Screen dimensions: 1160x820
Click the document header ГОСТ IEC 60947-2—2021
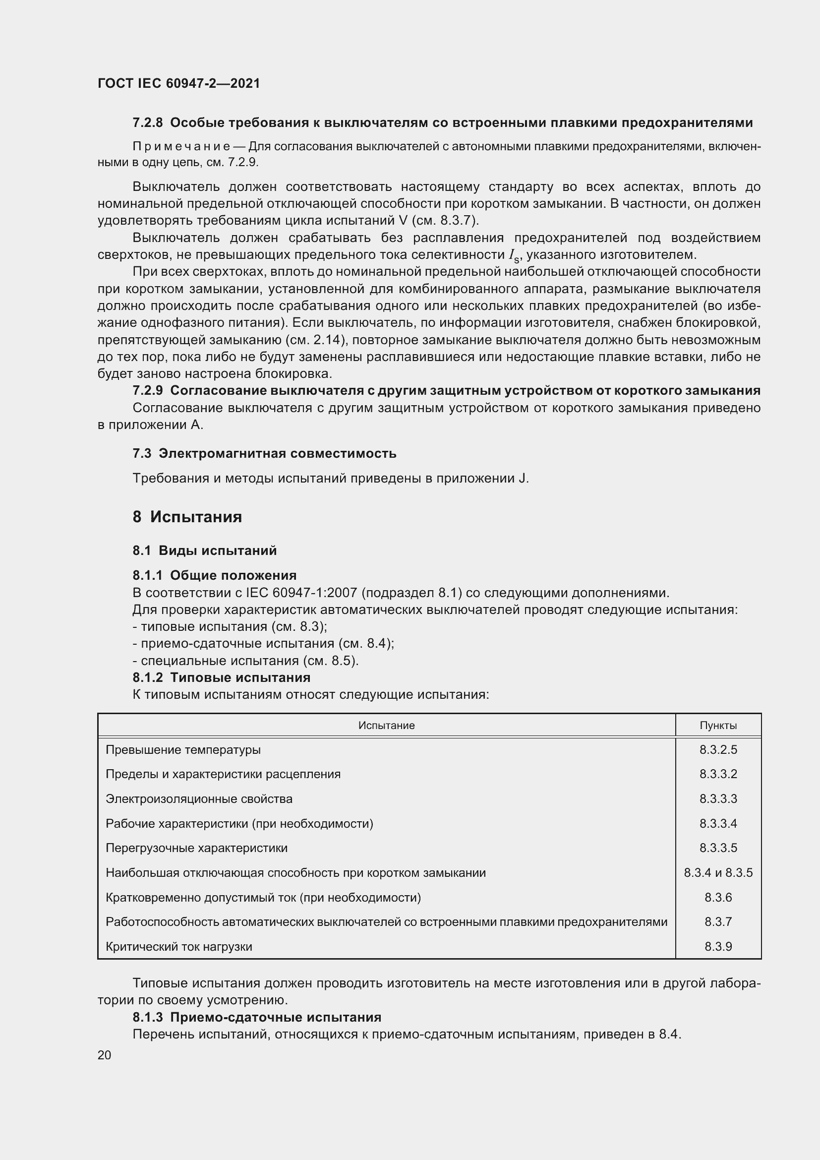179,83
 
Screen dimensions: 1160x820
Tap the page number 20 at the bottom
105,1055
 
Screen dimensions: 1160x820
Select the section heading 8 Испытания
187,517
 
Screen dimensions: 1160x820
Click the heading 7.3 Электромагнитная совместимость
264,453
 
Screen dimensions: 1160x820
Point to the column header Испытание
386,726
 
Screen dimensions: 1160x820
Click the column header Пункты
718,726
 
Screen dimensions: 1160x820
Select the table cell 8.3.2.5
718,750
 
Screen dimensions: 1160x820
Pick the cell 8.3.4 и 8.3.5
718,872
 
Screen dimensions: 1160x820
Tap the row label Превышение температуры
183,750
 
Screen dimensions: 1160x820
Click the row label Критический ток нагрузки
179,946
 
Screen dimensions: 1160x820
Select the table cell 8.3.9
718,946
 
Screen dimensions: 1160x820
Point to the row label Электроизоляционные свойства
199,799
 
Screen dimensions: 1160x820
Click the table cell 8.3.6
718,897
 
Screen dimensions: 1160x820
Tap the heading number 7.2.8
147,123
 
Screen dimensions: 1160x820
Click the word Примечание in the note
181,146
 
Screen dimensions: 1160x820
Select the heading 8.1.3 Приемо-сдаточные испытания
256,1017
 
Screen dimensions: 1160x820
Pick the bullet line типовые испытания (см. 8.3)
230,626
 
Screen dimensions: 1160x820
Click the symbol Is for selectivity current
514,255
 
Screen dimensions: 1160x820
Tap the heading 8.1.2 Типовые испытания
221,677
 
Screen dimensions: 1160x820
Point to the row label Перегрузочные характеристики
196,848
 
